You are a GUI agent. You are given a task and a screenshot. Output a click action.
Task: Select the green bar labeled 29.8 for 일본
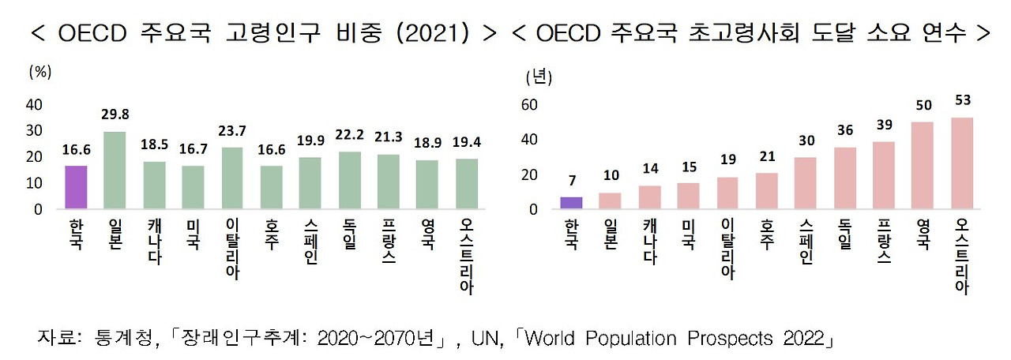115,170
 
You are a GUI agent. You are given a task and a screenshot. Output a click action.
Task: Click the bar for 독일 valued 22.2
349,180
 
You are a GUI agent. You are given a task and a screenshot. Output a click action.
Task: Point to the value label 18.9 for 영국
427,144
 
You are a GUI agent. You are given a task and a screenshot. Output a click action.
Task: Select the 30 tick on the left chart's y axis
34,131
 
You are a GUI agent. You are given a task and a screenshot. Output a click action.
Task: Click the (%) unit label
39,71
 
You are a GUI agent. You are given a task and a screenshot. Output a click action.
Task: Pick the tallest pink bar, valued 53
961,163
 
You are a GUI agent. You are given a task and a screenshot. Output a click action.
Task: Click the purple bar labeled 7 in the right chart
571,203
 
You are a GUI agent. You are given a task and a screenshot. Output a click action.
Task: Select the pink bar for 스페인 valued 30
805,183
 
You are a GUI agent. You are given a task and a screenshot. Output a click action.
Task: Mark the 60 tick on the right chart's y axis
528,105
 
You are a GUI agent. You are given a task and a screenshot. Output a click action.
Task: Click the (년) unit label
539,77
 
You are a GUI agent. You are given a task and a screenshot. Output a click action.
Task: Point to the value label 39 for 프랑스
883,126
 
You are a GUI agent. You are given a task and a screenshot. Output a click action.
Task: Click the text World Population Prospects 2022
676,339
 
